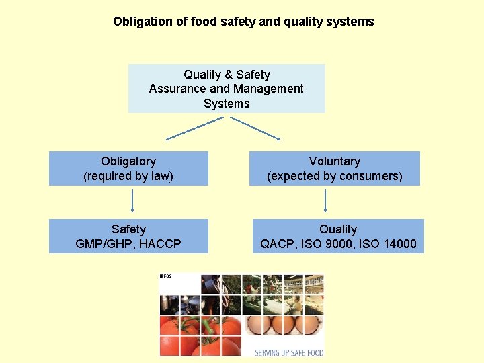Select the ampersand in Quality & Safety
point(227,75)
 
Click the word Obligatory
point(128,161)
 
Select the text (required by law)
point(128,176)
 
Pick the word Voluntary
point(334,161)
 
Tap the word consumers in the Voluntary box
point(370,176)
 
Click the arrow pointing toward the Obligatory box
point(195,128)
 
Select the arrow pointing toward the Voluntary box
point(255,128)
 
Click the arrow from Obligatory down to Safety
point(132,200)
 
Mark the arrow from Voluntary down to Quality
point(325,200)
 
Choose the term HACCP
point(159,244)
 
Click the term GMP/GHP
point(102,244)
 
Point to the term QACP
point(278,244)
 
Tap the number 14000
point(399,244)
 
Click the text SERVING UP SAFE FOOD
point(289,352)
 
